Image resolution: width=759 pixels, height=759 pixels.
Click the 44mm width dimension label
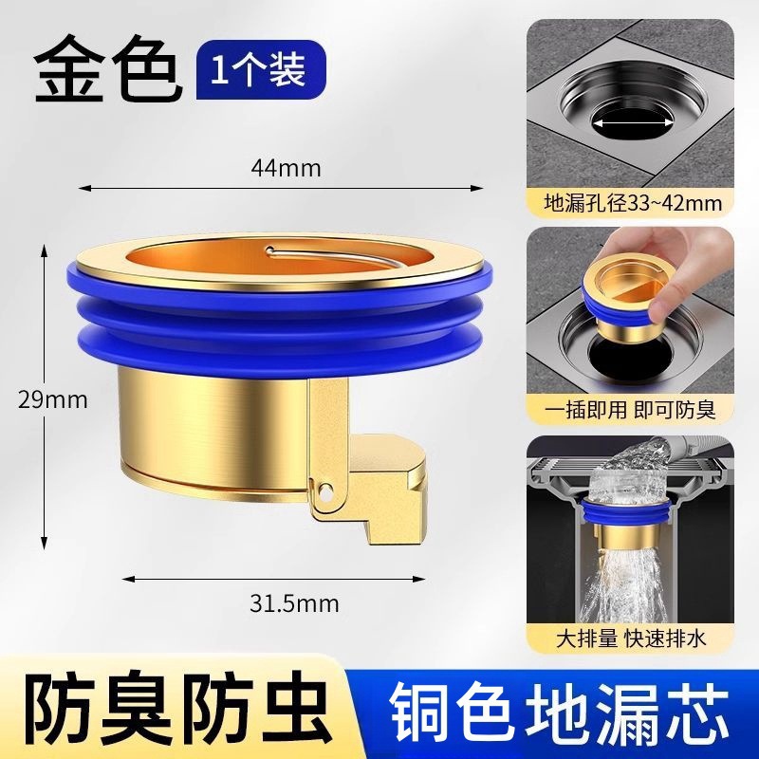coord(287,168)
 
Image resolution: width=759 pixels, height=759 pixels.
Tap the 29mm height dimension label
coord(53,400)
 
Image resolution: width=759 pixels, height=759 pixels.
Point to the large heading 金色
coord(106,69)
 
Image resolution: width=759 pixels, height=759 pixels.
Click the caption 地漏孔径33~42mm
coord(633,203)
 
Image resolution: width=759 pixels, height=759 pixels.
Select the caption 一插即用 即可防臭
coord(633,410)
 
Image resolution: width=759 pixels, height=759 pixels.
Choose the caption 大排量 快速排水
coord(633,639)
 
